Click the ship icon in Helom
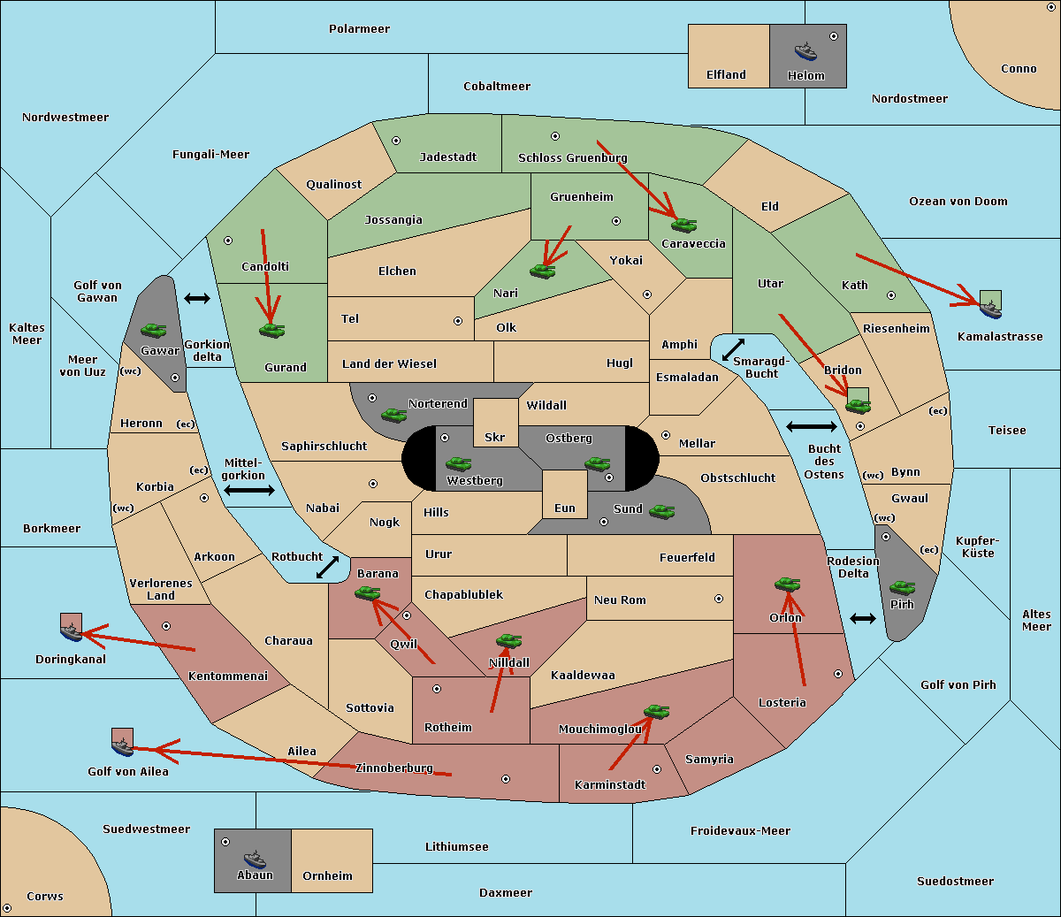[x=805, y=51]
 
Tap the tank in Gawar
[x=154, y=330]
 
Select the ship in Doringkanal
[x=72, y=632]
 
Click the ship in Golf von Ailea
[x=123, y=747]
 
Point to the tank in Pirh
[x=902, y=587]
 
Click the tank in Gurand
[x=271, y=330]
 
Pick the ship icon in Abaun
[x=255, y=859]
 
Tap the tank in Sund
[x=661, y=512]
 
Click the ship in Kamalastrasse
[x=990, y=309]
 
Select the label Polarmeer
[x=359, y=29]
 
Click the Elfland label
[x=726, y=75]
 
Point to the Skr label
[x=495, y=437]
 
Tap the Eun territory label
[x=565, y=508]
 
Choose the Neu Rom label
[x=620, y=600]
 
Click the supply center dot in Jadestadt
[x=396, y=141]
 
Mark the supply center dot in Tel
[x=458, y=321]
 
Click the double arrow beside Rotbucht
[x=327, y=568]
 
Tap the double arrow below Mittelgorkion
[x=249, y=491]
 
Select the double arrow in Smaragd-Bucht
[x=733, y=349]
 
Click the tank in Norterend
[x=393, y=415]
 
